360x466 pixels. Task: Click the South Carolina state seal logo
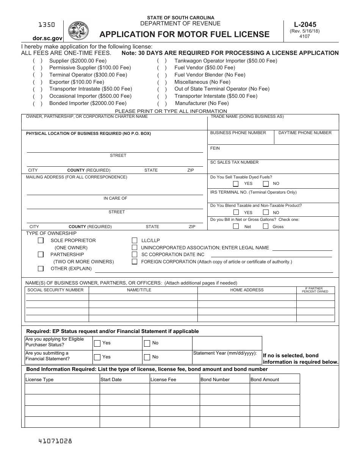[78, 31]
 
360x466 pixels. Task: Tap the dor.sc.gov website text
[47, 38]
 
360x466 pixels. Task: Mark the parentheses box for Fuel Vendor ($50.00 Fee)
[162, 68]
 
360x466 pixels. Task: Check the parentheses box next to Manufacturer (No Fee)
[162, 103]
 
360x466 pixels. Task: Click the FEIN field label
[215, 148]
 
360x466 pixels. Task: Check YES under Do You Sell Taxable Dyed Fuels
[236, 184]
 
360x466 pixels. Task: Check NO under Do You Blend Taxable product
[266, 213]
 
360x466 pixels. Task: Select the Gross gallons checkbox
[266, 227]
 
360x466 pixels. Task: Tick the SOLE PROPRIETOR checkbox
[41, 241]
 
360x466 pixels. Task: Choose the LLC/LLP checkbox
[135, 241]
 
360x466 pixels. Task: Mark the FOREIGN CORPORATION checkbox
[135, 262]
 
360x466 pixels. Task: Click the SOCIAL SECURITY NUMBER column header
[55, 290]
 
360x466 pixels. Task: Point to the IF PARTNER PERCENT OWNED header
[315, 290]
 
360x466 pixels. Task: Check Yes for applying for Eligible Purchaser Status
[97, 343]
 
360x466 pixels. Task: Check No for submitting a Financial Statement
[147, 357]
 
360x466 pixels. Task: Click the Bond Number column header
[215, 379]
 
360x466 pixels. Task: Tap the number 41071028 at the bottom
[55, 441]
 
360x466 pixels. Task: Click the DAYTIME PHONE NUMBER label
[305, 133]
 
